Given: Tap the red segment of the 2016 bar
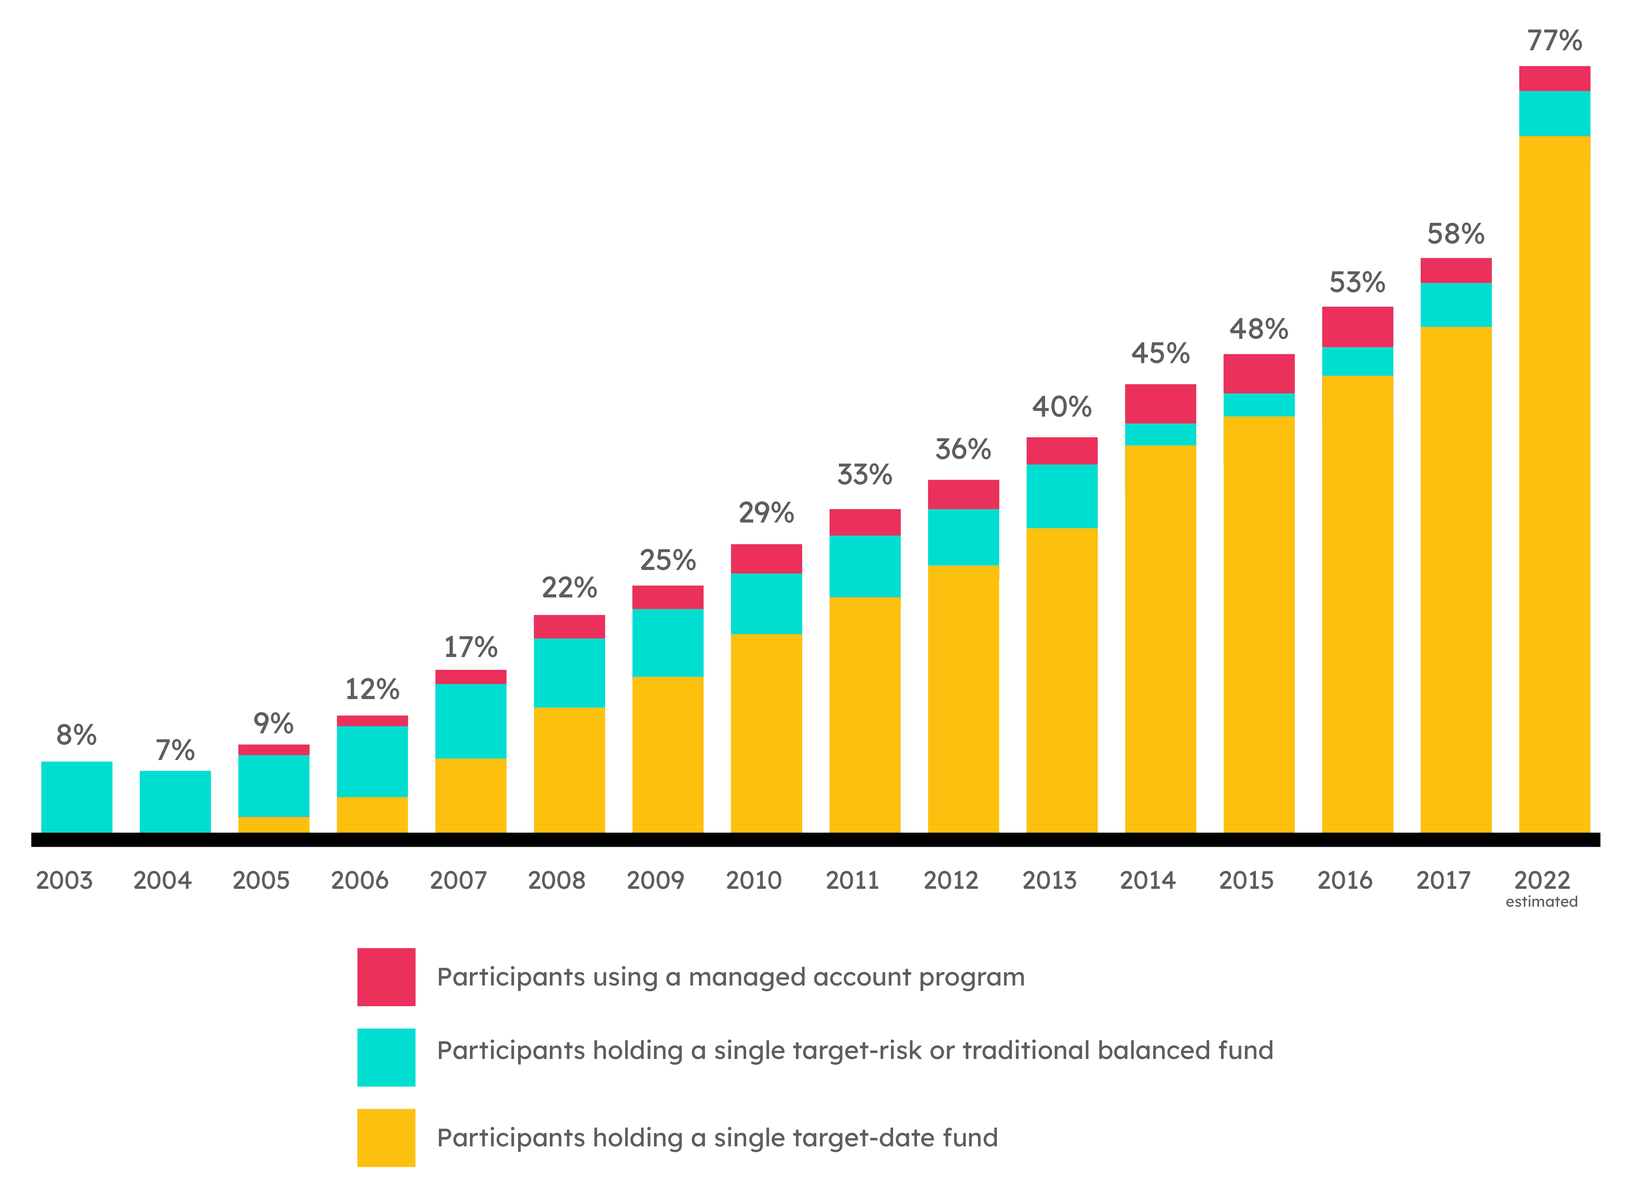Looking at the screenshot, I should [1357, 327].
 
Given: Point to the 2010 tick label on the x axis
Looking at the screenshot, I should [754, 880].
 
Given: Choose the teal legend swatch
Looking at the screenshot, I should [386, 1057].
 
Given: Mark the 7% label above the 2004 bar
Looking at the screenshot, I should [175, 750].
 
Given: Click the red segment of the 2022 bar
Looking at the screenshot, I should [1554, 79].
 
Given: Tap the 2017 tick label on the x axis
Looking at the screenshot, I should [1443, 880].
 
